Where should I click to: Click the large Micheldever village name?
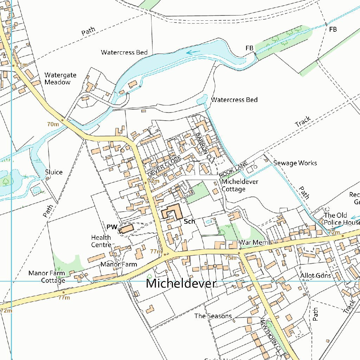click(181, 283)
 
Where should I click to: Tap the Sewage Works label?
click(295, 163)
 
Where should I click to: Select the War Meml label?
click(254, 243)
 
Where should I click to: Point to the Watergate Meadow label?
click(60, 79)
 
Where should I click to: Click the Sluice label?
click(54, 172)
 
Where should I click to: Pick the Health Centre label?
click(101, 241)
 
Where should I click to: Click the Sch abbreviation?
click(189, 221)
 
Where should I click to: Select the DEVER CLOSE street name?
click(164, 166)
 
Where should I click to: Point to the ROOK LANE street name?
click(233, 169)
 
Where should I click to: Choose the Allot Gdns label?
click(315, 275)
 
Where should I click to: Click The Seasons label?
click(213, 316)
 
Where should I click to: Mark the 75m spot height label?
click(231, 258)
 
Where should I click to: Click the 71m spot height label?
click(21, 65)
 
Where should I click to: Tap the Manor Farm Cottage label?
click(47, 277)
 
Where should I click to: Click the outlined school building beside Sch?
click(171, 212)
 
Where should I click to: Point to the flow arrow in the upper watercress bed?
click(193, 52)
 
